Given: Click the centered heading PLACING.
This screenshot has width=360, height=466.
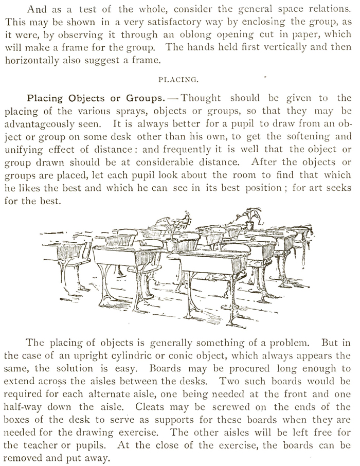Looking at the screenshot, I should (x=179, y=80).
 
